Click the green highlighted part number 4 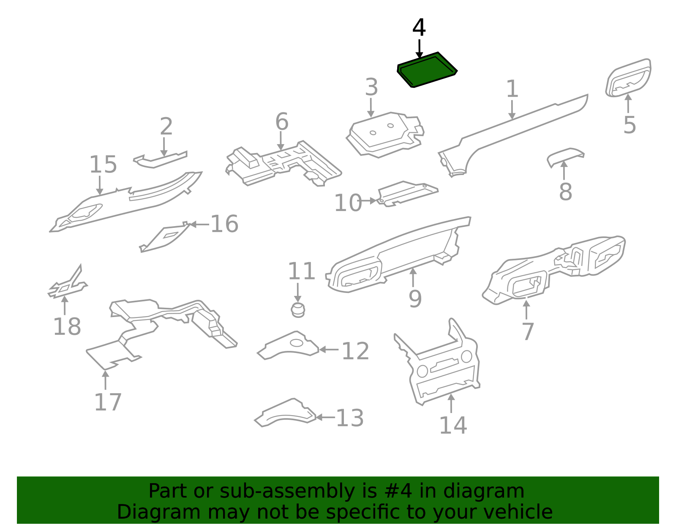tap(427, 70)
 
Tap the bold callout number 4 tap(419, 28)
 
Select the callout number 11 tap(301, 271)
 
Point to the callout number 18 tap(67, 327)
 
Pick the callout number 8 tap(565, 192)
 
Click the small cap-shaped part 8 tap(566, 157)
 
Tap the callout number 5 tap(630, 125)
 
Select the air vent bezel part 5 tap(628, 78)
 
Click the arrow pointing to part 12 tap(329, 350)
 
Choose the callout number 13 tap(350, 418)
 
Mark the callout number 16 tap(225, 224)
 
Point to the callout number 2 tap(166, 126)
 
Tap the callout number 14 tap(453, 425)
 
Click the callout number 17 tap(108, 402)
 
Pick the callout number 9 tap(415, 299)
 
